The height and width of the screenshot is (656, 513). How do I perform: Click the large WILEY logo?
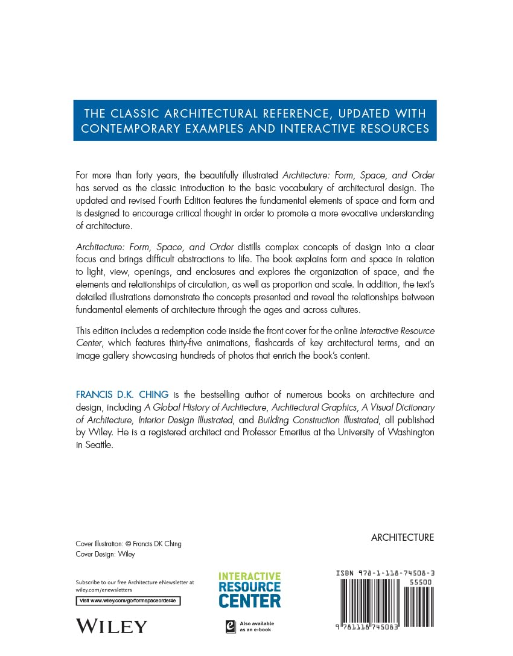coord(111,626)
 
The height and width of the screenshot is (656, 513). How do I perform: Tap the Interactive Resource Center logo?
coord(249,590)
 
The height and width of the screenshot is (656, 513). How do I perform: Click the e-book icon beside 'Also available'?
coord(230,626)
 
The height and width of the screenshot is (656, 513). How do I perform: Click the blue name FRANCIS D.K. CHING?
coord(123,395)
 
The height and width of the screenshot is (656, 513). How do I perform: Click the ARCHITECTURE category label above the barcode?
coord(402,538)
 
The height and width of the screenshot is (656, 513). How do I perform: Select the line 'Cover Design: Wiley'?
coord(105,554)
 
